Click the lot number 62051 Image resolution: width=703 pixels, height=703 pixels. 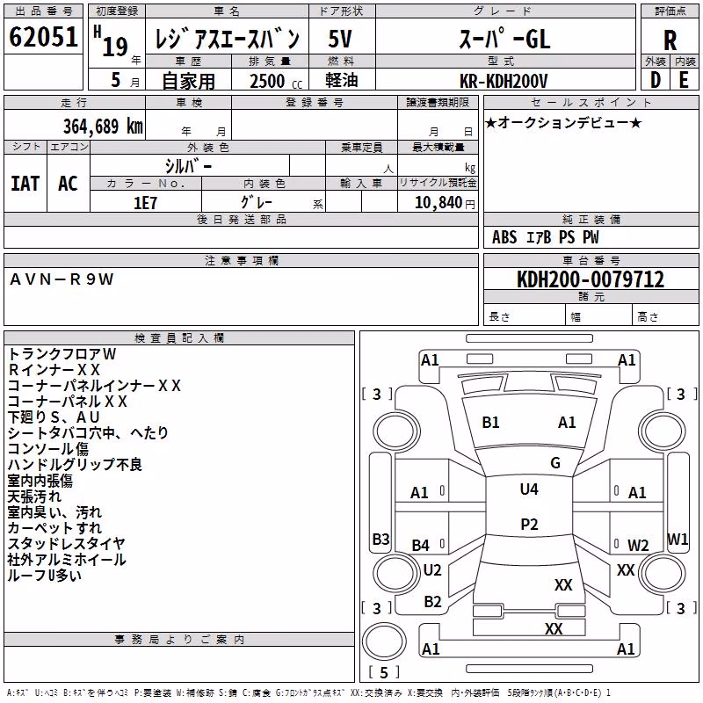click(43, 37)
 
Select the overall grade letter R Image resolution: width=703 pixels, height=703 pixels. click(670, 40)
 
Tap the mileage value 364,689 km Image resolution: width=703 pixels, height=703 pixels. click(103, 126)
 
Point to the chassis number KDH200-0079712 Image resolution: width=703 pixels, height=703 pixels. click(591, 279)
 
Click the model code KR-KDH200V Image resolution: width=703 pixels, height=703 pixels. click(503, 81)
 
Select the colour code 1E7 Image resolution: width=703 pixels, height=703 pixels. click(145, 203)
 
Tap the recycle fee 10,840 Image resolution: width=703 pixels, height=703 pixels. click(438, 202)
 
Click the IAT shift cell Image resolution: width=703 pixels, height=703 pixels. click(25, 184)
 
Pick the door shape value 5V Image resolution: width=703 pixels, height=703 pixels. click(340, 39)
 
